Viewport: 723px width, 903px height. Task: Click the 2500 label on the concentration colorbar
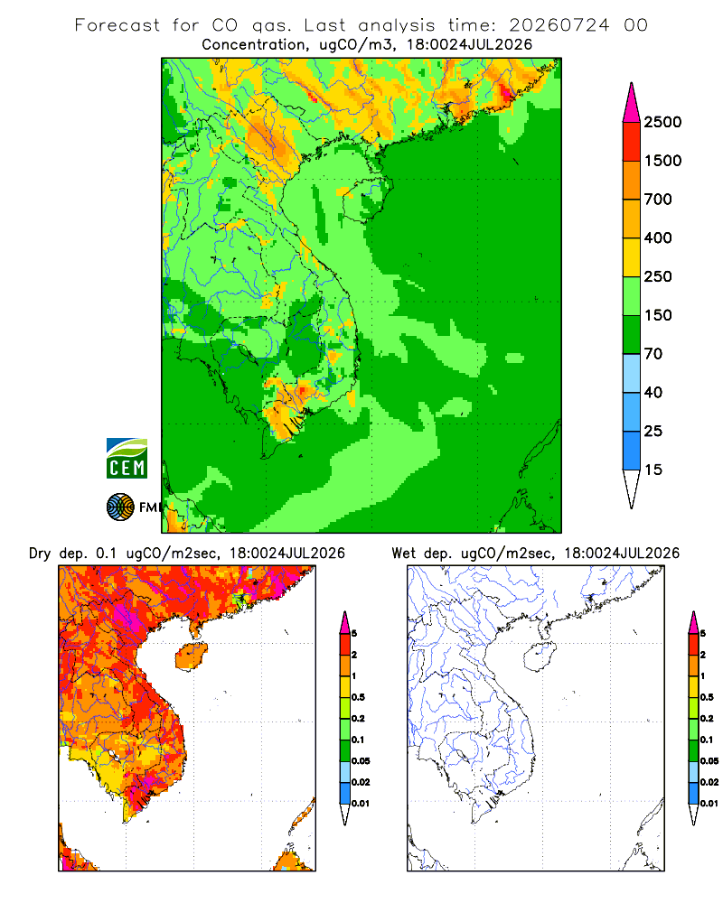click(x=662, y=122)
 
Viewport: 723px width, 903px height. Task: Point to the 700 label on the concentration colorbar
click(x=658, y=200)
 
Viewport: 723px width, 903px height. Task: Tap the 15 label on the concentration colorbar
click(x=653, y=470)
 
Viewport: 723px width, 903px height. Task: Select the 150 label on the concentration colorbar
click(x=658, y=315)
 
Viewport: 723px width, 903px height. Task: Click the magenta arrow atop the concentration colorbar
click(x=632, y=104)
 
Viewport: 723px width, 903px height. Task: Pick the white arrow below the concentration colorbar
click(x=632, y=488)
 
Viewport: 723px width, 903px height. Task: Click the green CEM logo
click(x=127, y=459)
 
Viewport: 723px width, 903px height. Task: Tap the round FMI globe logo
click(x=120, y=507)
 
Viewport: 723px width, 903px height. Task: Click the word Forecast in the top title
click(x=117, y=25)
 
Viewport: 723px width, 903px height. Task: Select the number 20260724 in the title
click(x=559, y=25)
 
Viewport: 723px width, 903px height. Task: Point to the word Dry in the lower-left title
click(x=40, y=554)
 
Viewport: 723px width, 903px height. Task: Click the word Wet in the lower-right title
click(x=403, y=554)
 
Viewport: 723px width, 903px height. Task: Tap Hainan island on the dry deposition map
click(x=191, y=656)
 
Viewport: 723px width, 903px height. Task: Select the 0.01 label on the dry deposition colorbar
click(x=361, y=804)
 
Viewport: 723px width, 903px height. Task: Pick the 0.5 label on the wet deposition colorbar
click(x=707, y=697)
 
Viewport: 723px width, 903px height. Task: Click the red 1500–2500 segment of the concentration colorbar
click(x=632, y=142)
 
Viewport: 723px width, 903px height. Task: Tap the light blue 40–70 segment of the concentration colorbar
click(x=632, y=373)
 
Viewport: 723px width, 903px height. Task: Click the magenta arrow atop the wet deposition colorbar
click(x=693, y=623)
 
